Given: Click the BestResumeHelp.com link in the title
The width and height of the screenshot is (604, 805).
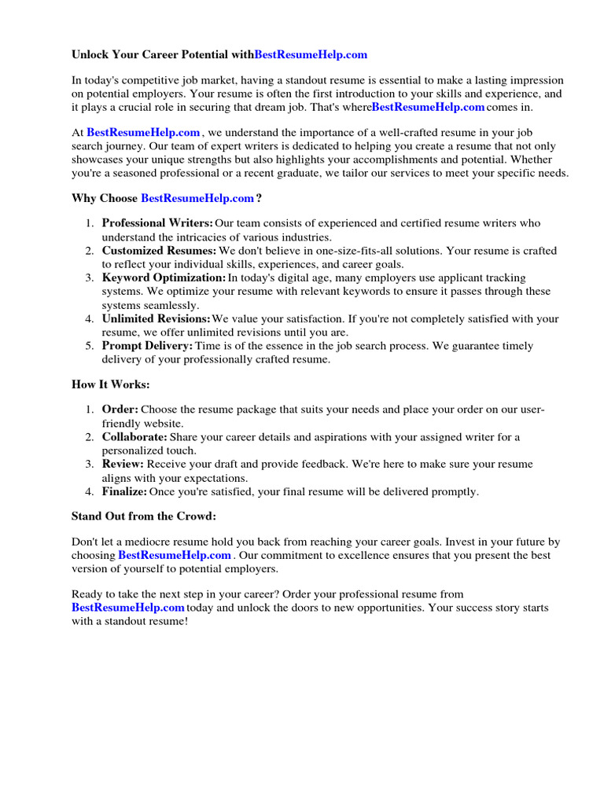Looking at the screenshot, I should click(311, 55).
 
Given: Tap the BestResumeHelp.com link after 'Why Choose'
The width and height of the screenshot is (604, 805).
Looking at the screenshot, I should click(197, 198).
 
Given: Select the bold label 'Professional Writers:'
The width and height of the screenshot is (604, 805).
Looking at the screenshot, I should click(157, 223).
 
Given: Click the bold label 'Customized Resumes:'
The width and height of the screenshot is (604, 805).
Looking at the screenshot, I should click(159, 251).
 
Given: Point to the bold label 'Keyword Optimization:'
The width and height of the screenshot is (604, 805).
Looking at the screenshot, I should click(164, 278).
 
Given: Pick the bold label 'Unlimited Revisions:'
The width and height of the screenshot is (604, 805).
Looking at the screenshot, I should click(157, 318).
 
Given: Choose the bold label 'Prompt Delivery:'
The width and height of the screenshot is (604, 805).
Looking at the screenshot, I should click(147, 346).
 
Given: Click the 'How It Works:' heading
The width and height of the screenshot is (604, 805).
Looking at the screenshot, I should click(110, 384).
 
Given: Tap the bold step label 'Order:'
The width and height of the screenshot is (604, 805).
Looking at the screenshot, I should click(120, 410).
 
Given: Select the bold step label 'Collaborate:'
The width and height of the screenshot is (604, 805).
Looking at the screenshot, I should click(134, 437).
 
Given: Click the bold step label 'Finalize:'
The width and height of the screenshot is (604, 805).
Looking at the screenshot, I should click(124, 491).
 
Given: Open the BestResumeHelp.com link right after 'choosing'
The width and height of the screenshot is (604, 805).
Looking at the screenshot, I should click(175, 555).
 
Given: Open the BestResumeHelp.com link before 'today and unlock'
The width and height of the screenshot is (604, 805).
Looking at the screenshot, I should click(128, 608).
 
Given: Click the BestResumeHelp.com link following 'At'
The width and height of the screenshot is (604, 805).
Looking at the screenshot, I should click(143, 133).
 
